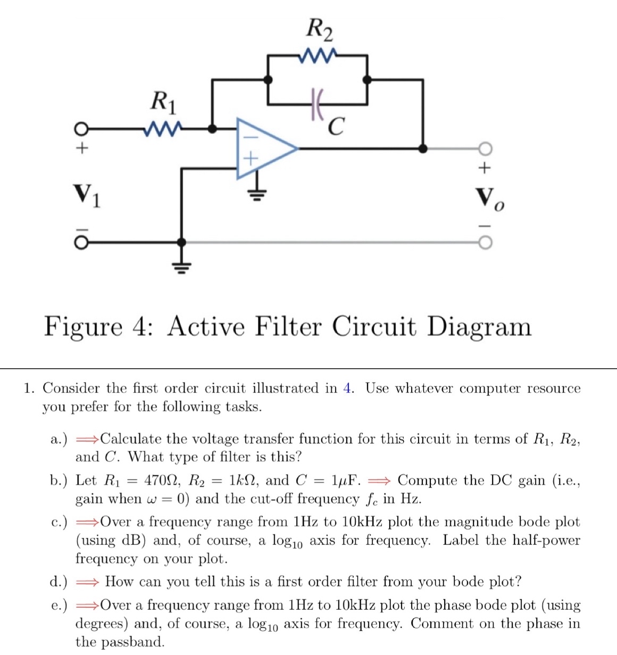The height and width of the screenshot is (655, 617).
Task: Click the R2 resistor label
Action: pyautogui.click(x=320, y=29)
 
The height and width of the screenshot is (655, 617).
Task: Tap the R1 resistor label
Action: pyautogui.click(x=163, y=101)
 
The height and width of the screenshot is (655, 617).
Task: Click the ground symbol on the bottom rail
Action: pyautogui.click(x=182, y=266)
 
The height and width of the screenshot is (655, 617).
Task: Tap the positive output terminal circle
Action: pyautogui.click(x=485, y=148)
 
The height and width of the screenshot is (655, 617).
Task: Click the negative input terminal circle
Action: pyautogui.click(x=80, y=243)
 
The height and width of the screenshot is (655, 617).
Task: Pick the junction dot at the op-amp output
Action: pyautogui.click(x=423, y=148)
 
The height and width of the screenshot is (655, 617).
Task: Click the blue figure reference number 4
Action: pyautogui.click(x=348, y=388)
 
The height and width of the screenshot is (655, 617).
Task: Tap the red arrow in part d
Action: pyautogui.click(x=87, y=582)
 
